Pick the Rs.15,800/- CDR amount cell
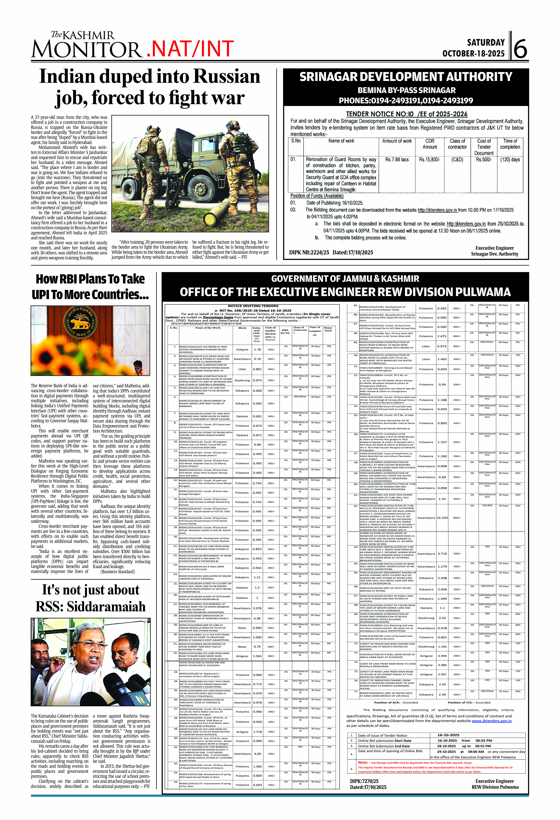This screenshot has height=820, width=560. [429, 160]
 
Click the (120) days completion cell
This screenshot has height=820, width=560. [510, 160]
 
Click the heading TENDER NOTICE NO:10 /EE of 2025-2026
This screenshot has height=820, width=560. [406, 114]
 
